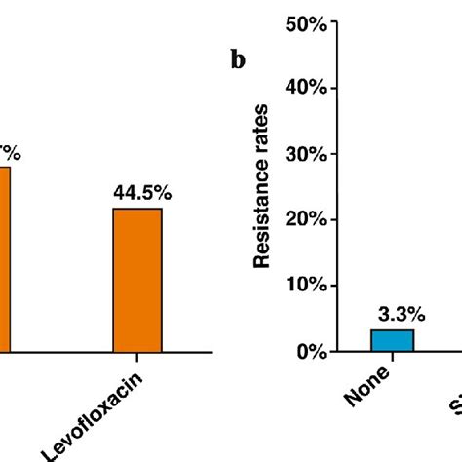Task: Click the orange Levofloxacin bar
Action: click(x=137, y=280)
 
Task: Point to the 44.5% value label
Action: click(x=141, y=194)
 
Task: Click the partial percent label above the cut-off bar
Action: click(x=10, y=153)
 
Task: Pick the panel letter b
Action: click(x=238, y=60)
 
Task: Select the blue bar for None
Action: click(x=392, y=340)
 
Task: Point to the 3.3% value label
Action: click(x=393, y=314)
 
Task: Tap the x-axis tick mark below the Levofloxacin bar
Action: click(x=137, y=357)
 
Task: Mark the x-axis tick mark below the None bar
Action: click(x=392, y=357)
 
